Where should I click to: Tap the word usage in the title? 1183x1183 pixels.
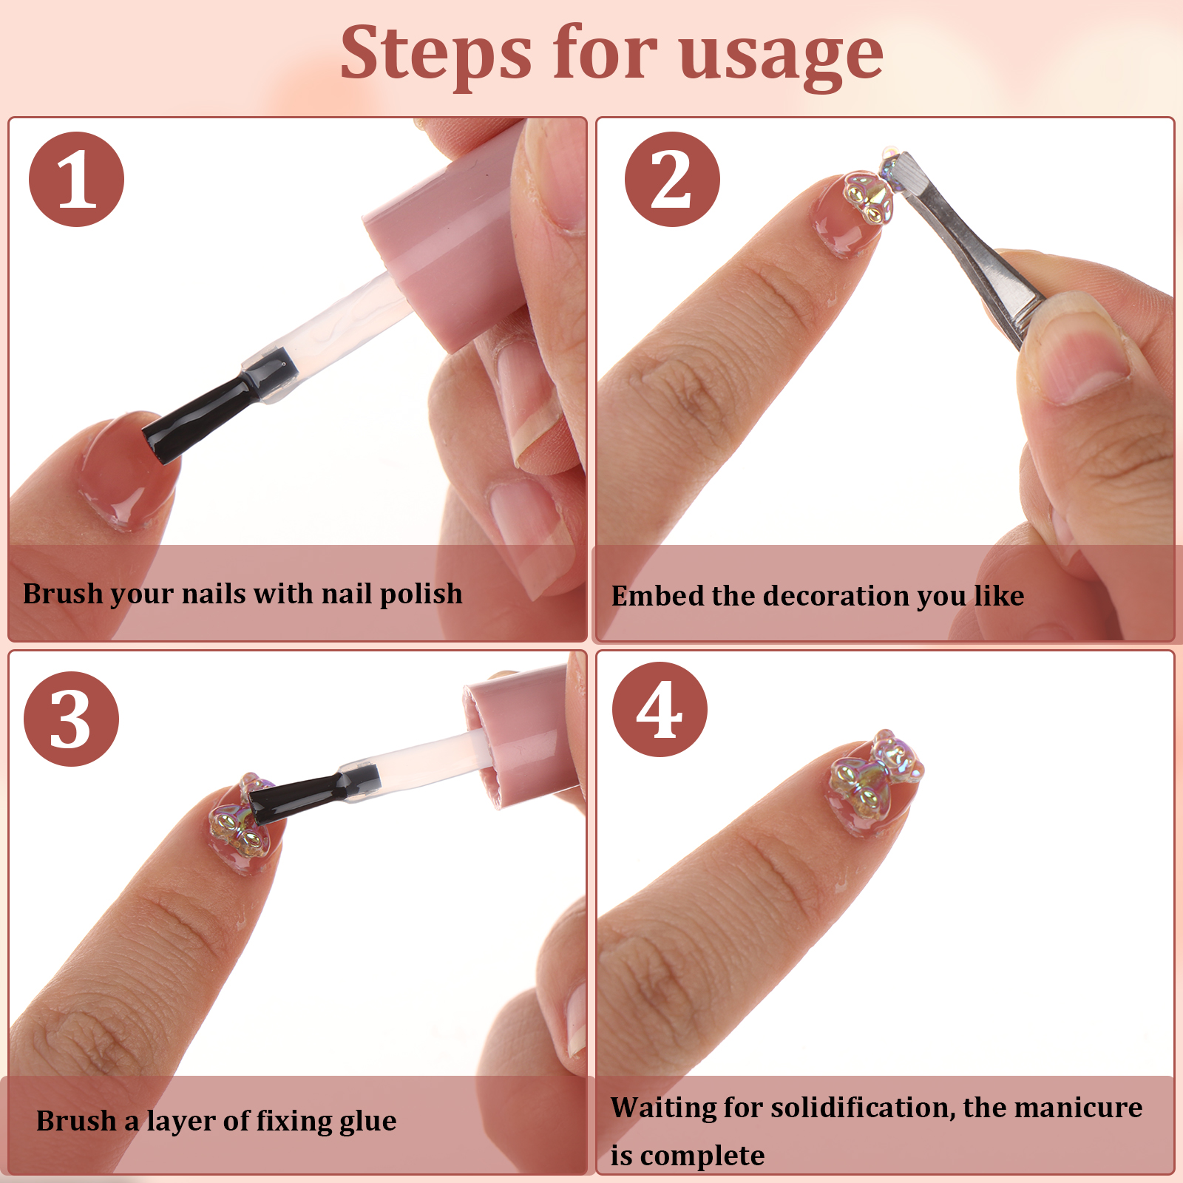[781, 58]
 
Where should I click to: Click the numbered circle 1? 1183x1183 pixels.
[76, 180]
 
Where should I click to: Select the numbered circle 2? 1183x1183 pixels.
[672, 180]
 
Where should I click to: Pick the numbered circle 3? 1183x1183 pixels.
[71, 719]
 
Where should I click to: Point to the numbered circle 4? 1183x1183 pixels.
[660, 709]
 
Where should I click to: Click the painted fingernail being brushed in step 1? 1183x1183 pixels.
[122, 470]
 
